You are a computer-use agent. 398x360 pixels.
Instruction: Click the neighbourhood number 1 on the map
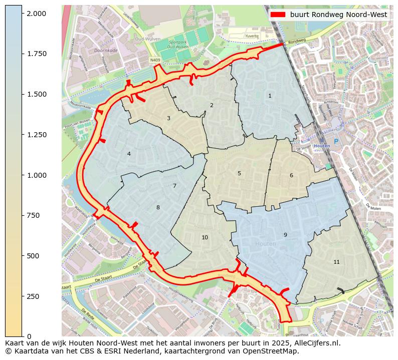pos(270,96)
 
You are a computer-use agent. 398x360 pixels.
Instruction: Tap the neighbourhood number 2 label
pos(212,105)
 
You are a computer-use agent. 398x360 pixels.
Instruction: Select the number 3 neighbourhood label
pos(168,118)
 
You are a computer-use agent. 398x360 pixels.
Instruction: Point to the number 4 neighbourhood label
pos(129,154)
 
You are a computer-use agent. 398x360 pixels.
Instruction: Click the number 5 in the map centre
pos(239,173)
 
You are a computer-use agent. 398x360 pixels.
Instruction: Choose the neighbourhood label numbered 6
pos(291,175)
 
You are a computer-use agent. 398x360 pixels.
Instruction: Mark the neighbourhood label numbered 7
pos(174,186)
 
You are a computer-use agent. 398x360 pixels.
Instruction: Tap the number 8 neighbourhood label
pos(158,207)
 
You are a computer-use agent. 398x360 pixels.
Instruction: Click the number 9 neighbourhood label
pos(285,235)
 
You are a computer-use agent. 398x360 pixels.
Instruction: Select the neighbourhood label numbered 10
pos(205,237)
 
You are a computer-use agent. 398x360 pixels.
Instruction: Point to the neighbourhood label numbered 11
pos(336,262)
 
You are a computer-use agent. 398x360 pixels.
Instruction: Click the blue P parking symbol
pos(336,142)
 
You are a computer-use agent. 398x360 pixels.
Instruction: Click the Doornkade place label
pos(106,51)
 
